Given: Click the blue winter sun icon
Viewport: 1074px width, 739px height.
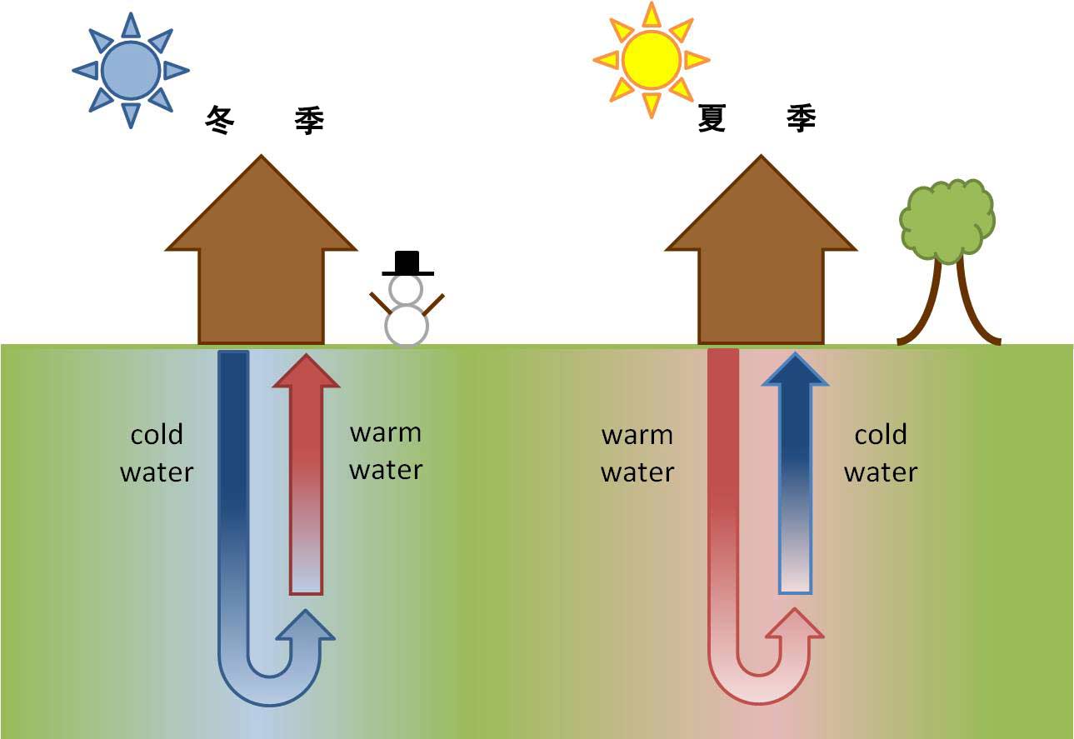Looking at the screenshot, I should (130, 70).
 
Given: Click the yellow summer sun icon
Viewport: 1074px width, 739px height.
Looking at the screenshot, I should (652, 60).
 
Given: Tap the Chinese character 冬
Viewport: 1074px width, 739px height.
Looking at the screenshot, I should (220, 121).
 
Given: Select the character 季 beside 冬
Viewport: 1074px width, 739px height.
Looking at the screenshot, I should (309, 121).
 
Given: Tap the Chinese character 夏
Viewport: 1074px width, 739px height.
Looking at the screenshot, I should (712, 119).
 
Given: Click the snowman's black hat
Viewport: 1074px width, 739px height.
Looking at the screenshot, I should (407, 262).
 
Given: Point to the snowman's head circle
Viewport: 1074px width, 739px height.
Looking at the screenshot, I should (407, 289).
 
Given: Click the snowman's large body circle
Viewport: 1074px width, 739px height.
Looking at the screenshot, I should (407, 325).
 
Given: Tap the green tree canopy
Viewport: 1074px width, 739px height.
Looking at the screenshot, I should (947, 220).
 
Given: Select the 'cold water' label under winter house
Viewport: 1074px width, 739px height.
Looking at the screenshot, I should (157, 453).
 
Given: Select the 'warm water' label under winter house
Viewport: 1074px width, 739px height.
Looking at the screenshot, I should (386, 451).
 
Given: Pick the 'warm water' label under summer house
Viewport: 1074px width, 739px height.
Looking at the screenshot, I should (637, 453).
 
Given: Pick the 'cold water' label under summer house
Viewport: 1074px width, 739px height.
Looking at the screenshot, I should (881, 453).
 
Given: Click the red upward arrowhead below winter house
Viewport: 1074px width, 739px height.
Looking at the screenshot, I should (307, 372).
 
